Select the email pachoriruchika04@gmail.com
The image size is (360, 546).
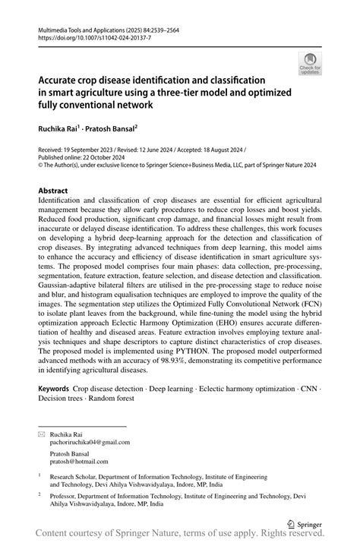click(x=90, y=441)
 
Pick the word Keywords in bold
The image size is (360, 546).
click(x=56, y=388)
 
